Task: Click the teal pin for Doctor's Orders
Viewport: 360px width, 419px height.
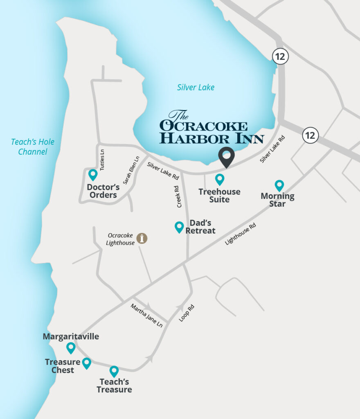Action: (x=93, y=175)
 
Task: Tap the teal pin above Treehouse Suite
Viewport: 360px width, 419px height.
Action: (x=220, y=179)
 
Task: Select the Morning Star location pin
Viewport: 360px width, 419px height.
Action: (x=279, y=185)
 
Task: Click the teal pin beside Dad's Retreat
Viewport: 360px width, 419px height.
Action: (x=179, y=227)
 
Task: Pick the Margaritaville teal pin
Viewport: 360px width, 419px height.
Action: (x=71, y=348)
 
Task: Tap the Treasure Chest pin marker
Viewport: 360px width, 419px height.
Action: (x=86, y=363)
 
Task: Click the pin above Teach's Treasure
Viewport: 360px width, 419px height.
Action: (x=114, y=371)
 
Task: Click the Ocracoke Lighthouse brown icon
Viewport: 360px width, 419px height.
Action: (x=142, y=239)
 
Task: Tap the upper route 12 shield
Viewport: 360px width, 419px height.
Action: (x=280, y=57)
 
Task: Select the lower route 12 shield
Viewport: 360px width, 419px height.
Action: (x=310, y=135)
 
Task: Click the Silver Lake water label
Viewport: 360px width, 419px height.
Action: (x=196, y=87)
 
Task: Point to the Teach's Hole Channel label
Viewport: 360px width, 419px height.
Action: (x=32, y=147)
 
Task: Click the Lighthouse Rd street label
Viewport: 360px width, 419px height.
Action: (x=240, y=234)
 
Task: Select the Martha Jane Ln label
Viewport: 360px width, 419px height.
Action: (x=146, y=315)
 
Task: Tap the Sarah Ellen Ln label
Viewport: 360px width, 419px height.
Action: (x=131, y=169)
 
